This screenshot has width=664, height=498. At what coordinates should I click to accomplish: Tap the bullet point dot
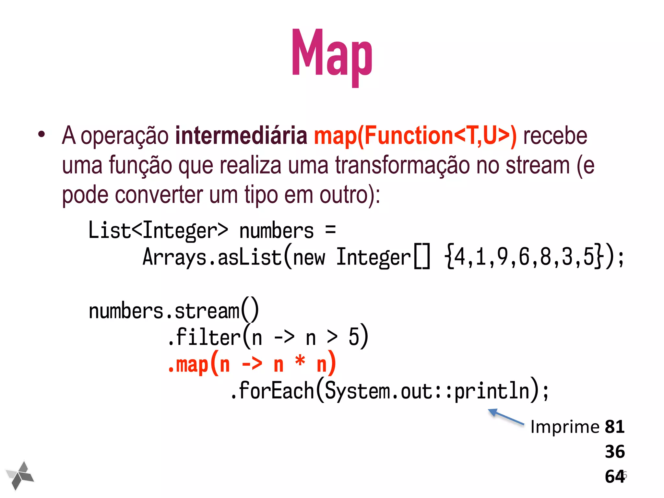(x=41, y=134)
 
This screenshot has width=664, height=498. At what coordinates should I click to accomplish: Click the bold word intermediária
(x=241, y=136)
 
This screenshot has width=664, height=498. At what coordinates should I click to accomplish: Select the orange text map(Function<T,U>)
(x=415, y=136)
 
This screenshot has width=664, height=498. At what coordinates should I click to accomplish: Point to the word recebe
(x=555, y=136)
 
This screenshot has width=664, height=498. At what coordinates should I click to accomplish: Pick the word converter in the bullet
(x=159, y=195)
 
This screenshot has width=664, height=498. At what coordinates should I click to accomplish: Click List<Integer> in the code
(x=158, y=231)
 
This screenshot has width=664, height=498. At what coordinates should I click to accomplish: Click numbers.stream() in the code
(x=173, y=310)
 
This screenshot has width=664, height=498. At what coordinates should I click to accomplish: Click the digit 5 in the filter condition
(x=354, y=337)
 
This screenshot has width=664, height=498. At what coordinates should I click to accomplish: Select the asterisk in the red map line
(x=300, y=362)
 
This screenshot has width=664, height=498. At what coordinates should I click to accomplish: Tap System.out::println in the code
(x=427, y=391)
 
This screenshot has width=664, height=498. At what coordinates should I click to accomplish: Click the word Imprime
(x=565, y=427)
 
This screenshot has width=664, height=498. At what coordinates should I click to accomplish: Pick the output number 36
(x=615, y=452)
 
